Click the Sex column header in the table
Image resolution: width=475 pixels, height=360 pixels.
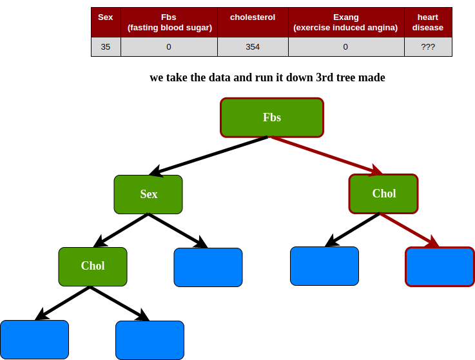(105, 17)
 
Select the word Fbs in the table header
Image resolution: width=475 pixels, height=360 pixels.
(170, 17)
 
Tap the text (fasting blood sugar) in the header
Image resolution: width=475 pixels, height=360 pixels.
(170, 28)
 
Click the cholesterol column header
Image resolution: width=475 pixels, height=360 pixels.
(253, 17)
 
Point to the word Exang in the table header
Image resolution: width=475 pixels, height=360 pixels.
(345, 17)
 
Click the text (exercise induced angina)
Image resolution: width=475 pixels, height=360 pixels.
(345, 28)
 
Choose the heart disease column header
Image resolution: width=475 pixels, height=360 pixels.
(428, 23)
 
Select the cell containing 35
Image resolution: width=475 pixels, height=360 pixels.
(105, 47)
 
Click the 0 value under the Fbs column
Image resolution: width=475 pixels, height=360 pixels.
(169, 47)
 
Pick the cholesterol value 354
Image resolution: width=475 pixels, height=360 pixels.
(253, 47)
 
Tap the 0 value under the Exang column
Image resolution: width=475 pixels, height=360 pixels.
(345, 47)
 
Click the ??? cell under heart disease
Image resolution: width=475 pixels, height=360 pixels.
(428, 47)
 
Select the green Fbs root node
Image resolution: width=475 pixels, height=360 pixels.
(271, 117)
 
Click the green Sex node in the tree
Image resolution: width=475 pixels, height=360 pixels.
(148, 194)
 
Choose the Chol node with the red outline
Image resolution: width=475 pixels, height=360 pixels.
(383, 194)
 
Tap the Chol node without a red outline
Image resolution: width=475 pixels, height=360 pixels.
(93, 266)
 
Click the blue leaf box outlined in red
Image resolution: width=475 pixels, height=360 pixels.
(440, 266)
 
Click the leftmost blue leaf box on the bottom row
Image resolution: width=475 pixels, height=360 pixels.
(34, 339)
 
